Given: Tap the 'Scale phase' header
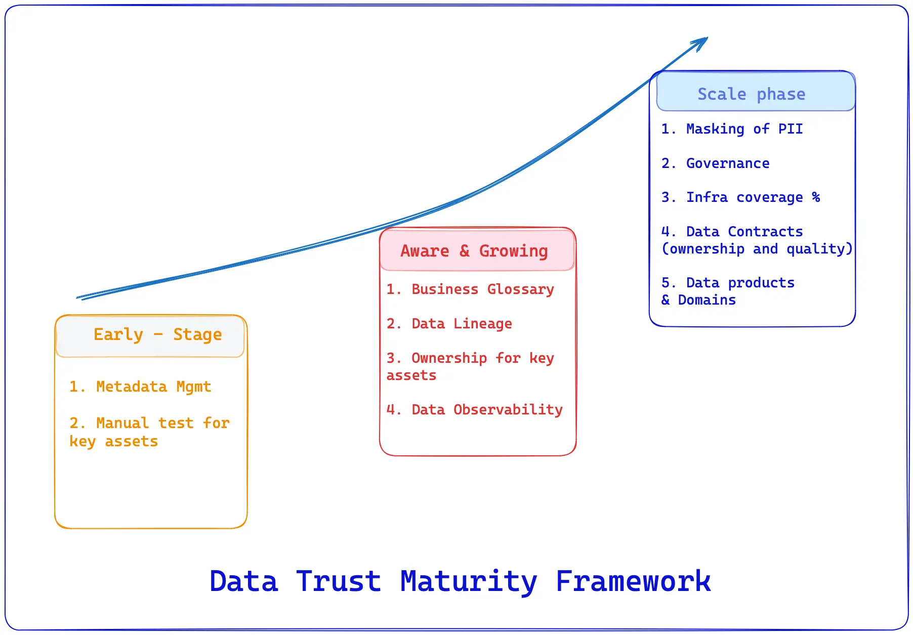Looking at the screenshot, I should click(751, 94).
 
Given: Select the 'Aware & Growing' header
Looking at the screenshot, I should click(474, 251).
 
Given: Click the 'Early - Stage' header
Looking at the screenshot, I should click(157, 334).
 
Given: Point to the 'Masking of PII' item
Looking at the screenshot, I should click(744, 129).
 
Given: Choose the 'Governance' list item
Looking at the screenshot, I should click(727, 163).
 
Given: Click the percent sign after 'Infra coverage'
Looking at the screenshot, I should click(816, 197).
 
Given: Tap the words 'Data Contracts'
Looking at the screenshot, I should click(744, 232).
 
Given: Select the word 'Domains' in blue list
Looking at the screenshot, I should click(707, 300).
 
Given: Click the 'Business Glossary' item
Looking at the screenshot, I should click(482, 289).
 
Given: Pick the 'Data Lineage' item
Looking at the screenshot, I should click(462, 324).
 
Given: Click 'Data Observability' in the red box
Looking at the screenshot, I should click(486, 410).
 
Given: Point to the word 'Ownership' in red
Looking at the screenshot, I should click(449, 358).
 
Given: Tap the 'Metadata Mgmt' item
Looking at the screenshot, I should click(153, 387).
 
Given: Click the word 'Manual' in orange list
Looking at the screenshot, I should click(122, 423).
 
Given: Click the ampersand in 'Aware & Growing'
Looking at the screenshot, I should click(464, 251).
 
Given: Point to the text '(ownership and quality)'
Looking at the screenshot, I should click(757, 249).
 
